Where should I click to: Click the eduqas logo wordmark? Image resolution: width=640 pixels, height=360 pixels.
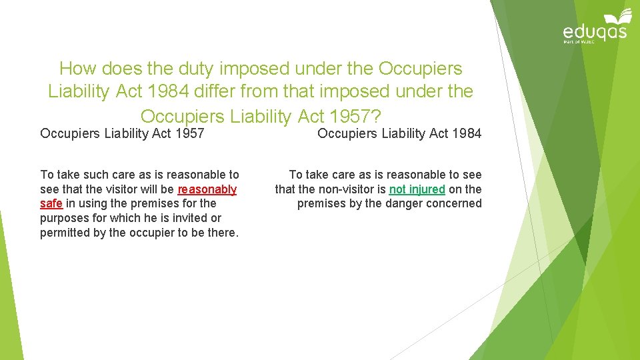coord(595,31)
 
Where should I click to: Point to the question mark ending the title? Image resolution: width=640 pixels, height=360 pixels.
coord(376,117)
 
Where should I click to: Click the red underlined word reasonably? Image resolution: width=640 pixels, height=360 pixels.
coord(207,189)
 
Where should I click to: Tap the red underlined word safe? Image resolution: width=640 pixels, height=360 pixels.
coord(51,203)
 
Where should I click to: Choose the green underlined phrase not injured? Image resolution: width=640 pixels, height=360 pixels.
coord(417,189)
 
